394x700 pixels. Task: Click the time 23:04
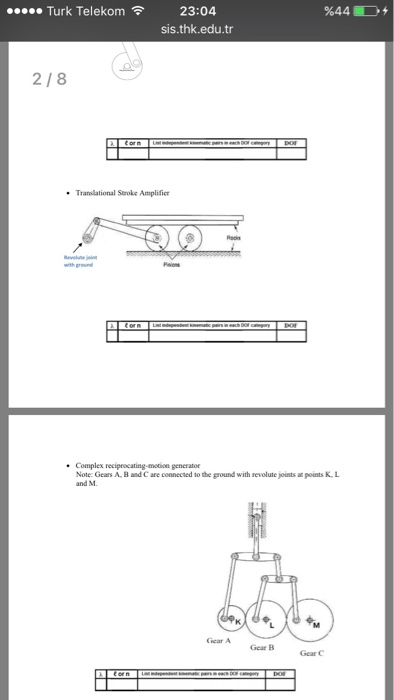[x=196, y=11]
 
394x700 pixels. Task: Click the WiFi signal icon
[x=138, y=11]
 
